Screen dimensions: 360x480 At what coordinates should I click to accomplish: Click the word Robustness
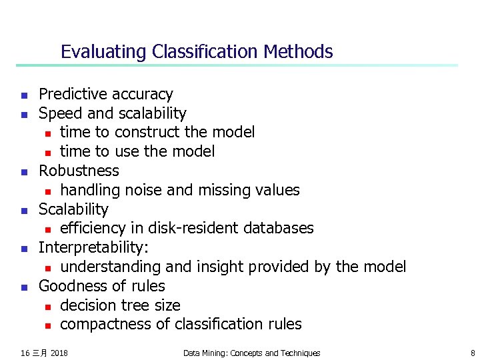(79, 171)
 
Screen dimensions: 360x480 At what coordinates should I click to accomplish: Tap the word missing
(223, 190)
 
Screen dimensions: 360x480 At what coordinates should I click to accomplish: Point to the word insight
(220, 267)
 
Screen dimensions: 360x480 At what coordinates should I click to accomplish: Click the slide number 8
(472, 353)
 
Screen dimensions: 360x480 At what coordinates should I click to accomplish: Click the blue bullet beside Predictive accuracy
(23, 95)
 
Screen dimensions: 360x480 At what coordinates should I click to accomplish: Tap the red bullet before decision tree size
(48, 306)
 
